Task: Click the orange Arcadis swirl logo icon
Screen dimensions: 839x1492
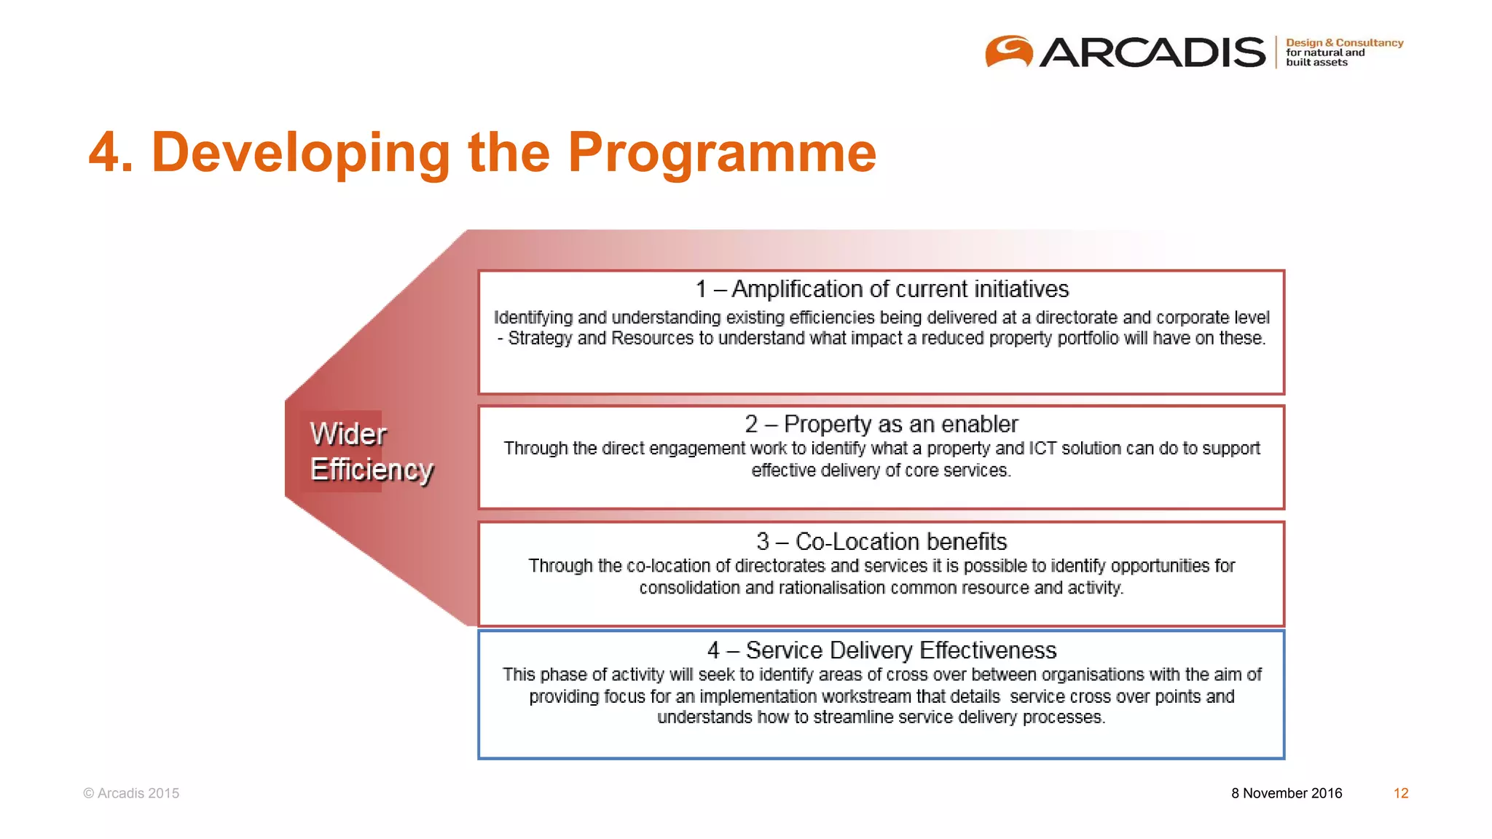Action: [1009, 52]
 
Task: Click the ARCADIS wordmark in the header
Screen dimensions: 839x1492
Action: [1152, 52]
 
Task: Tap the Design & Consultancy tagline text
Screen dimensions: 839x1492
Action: [1344, 43]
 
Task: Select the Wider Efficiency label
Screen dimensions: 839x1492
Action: [370, 452]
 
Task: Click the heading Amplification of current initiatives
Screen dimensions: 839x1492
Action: [900, 289]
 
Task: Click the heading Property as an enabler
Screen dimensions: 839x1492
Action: [900, 424]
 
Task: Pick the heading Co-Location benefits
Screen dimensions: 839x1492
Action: [900, 542]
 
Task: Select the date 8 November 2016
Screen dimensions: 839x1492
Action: [1287, 793]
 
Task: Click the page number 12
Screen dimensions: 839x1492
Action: [1401, 793]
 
